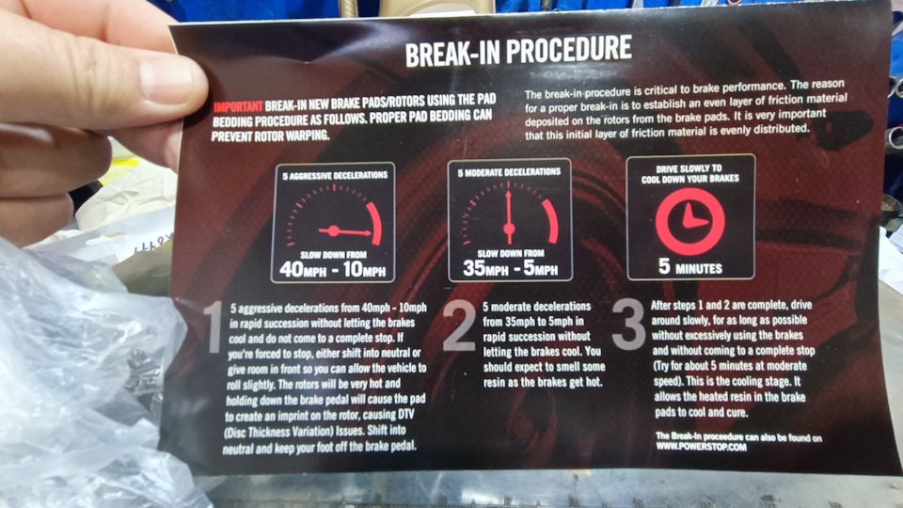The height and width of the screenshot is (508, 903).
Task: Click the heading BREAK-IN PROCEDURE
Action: (x=518, y=51)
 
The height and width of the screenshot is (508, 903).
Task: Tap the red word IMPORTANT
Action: (x=238, y=106)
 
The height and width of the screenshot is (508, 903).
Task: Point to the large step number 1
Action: (x=214, y=326)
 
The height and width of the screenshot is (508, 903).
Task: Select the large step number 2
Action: (x=460, y=325)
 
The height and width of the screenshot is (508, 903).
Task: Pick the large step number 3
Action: (x=628, y=324)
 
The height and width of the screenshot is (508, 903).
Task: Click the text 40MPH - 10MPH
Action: (x=332, y=269)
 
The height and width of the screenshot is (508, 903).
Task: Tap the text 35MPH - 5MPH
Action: (x=510, y=268)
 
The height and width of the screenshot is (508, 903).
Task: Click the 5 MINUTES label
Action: (x=689, y=266)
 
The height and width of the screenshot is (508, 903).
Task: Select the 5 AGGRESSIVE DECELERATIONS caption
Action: (x=335, y=175)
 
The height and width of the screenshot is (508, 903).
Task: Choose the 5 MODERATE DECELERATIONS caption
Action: (x=509, y=172)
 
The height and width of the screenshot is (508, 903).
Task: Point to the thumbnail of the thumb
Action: (x=167, y=81)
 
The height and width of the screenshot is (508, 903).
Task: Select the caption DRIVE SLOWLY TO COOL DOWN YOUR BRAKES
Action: (x=689, y=173)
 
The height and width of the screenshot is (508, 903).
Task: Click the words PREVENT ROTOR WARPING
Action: (x=270, y=135)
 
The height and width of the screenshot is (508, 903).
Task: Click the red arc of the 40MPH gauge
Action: (x=374, y=224)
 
